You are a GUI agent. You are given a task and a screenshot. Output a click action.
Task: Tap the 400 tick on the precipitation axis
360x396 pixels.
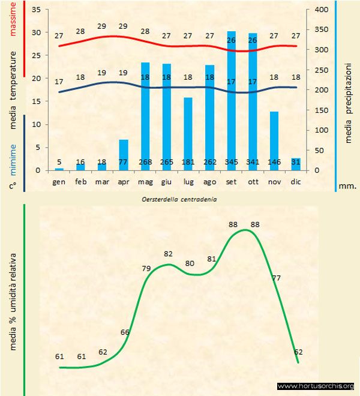point(321,10)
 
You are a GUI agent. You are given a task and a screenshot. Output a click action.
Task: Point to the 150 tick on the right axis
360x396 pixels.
point(321,110)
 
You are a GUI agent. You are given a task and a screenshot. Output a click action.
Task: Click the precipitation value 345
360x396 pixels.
point(231,162)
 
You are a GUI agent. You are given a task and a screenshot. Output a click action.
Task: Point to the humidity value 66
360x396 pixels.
point(125,332)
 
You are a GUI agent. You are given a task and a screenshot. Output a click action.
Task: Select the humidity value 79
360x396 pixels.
point(146,268)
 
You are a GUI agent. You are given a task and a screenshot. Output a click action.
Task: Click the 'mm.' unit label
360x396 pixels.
point(349,186)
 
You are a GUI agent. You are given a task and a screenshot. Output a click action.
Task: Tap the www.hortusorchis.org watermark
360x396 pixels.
point(316,386)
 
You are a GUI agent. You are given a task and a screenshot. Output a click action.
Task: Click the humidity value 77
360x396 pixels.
point(277,278)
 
